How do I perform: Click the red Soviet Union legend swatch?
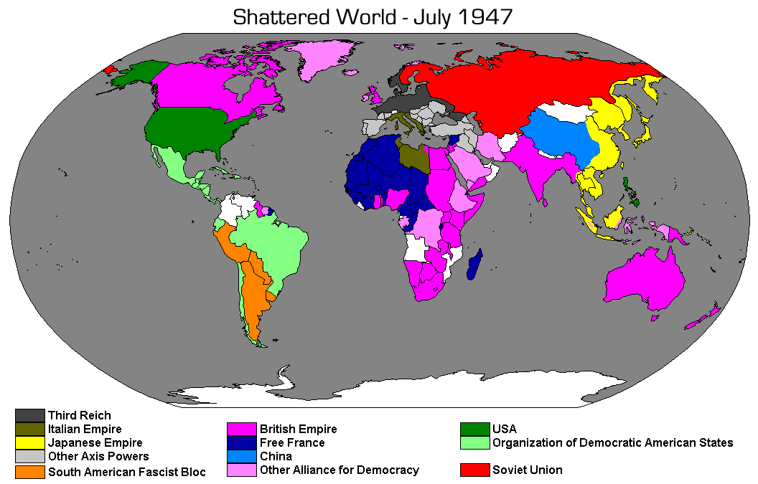474,470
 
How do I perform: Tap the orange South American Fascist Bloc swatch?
29,472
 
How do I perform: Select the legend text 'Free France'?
292,442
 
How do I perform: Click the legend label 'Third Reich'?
79,415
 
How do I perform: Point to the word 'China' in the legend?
276,456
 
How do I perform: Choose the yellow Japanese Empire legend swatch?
29,443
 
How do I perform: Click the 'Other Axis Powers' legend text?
98,456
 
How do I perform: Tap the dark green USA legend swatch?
474,430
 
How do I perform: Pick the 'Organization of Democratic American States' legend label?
612,442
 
